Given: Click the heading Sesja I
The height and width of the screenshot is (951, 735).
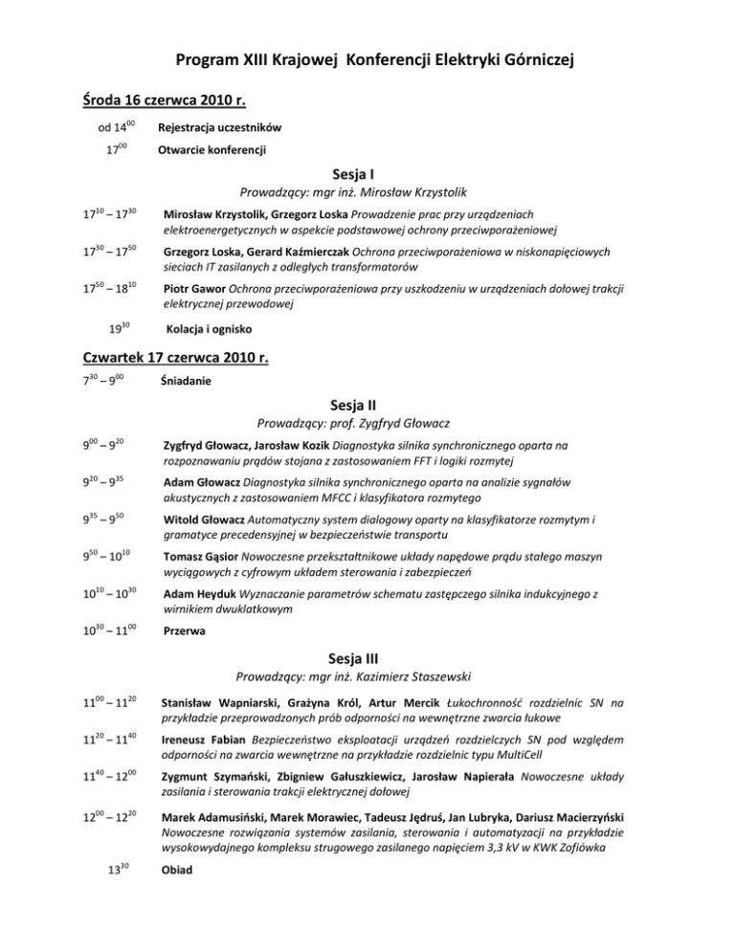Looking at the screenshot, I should pos(367,175).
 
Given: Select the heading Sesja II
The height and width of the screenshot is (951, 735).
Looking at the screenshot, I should pos(367,401).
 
